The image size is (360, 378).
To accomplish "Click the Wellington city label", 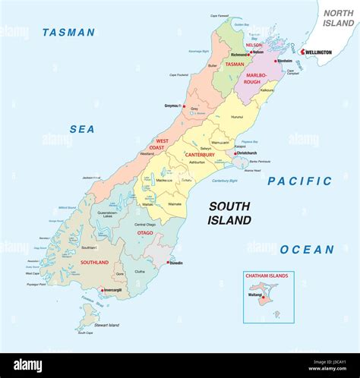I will tap(318, 52).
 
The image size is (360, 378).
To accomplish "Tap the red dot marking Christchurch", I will tap(234, 153).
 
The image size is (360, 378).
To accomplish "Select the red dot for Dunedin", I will tap(168, 263).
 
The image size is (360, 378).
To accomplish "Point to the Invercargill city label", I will tap(112, 289).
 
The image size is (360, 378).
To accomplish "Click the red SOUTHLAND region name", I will tap(94, 262).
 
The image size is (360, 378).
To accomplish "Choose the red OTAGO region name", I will tap(145, 233).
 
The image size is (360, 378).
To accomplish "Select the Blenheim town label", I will tap(284, 61).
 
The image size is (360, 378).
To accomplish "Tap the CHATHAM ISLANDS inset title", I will tap(265, 276).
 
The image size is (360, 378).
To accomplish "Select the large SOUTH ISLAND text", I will tap(229, 213).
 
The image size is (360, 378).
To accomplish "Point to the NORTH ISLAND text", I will tap(338, 19).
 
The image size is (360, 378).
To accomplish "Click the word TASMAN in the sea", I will tap(68, 33).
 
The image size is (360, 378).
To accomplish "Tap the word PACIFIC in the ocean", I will tap(299, 181).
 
